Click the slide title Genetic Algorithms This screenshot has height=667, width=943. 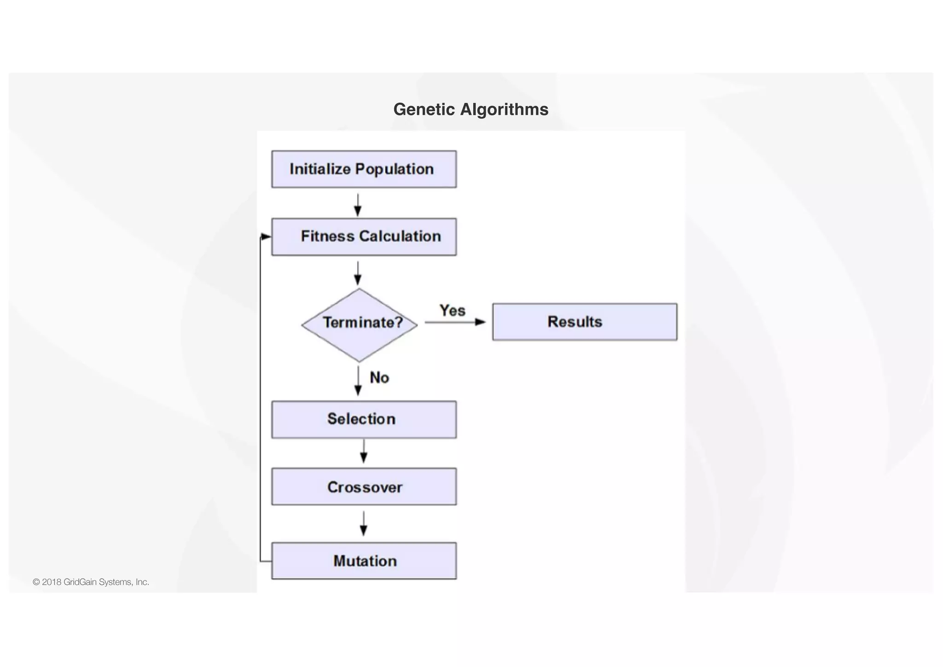471,110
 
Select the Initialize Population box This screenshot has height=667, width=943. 364,169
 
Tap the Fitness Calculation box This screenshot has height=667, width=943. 364,237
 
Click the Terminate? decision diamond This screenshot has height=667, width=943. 360,325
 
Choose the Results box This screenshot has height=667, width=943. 584,322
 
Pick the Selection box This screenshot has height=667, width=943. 364,419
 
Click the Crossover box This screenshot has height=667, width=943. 364,487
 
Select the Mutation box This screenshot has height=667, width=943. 364,561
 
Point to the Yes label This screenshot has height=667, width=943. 452,311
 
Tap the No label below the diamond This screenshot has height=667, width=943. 379,378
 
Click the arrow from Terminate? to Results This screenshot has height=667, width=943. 455,322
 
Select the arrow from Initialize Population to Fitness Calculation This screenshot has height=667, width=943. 358,205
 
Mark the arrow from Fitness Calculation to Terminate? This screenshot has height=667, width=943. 358,273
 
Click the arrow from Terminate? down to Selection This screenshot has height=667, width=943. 358,381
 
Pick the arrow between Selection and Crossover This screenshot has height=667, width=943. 364,452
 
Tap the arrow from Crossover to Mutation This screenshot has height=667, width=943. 364,524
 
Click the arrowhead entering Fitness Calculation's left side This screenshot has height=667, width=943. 266,237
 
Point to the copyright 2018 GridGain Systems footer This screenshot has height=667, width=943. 91,582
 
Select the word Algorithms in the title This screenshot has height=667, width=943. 504,110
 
